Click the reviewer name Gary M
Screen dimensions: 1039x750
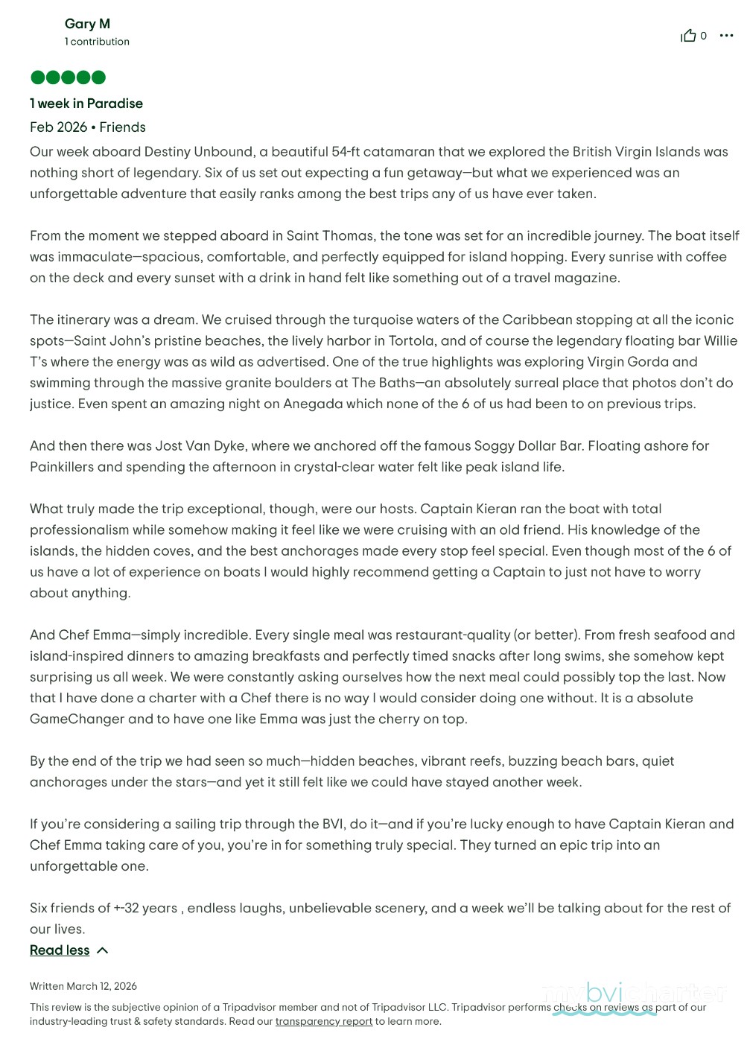pyautogui.click(x=87, y=24)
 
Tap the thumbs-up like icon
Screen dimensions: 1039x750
pyautogui.click(x=688, y=36)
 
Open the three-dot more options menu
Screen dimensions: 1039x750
pyautogui.click(x=726, y=36)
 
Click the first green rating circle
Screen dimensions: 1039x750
pyautogui.click(x=37, y=77)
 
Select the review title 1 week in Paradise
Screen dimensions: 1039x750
pyautogui.click(x=86, y=104)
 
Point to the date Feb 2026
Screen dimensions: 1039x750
pyautogui.click(x=58, y=127)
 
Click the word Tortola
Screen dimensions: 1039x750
pyautogui.click(x=412, y=341)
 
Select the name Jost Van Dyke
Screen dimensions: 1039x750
pyautogui.click(x=200, y=446)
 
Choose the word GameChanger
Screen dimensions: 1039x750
pyautogui.click(x=77, y=719)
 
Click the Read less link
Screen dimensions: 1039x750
pyautogui.click(x=60, y=950)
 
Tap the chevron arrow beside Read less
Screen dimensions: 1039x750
pyautogui.click(x=103, y=950)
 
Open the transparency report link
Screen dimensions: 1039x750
pyautogui.click(x=323, y=1022)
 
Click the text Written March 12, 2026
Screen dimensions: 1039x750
pyautogui.click(x=83, y=986)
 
